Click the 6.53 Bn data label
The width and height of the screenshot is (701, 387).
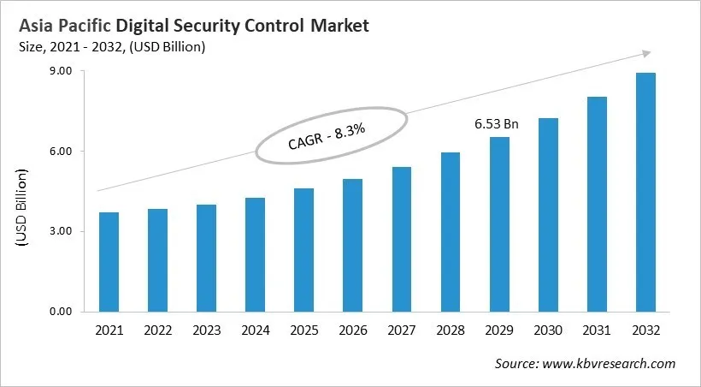pos(497,124)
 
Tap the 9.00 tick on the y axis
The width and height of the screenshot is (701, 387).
pos(61,71)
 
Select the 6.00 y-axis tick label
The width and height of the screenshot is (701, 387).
pos(61,152)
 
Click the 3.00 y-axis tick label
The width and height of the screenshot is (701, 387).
pos(61,231)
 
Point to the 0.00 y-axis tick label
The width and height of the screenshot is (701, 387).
pos(61,312)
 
